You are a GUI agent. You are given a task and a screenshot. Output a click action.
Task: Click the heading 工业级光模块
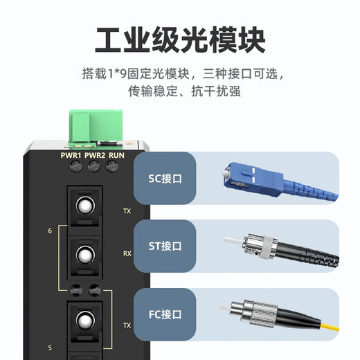click(180, 40)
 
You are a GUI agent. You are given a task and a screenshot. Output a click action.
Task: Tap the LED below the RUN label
click(111, 168)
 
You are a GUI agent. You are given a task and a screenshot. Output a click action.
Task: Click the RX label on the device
click(127, 254)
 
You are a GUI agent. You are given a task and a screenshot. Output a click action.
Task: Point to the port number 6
click(49, 231)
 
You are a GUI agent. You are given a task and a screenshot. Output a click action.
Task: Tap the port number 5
click(49, 348)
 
